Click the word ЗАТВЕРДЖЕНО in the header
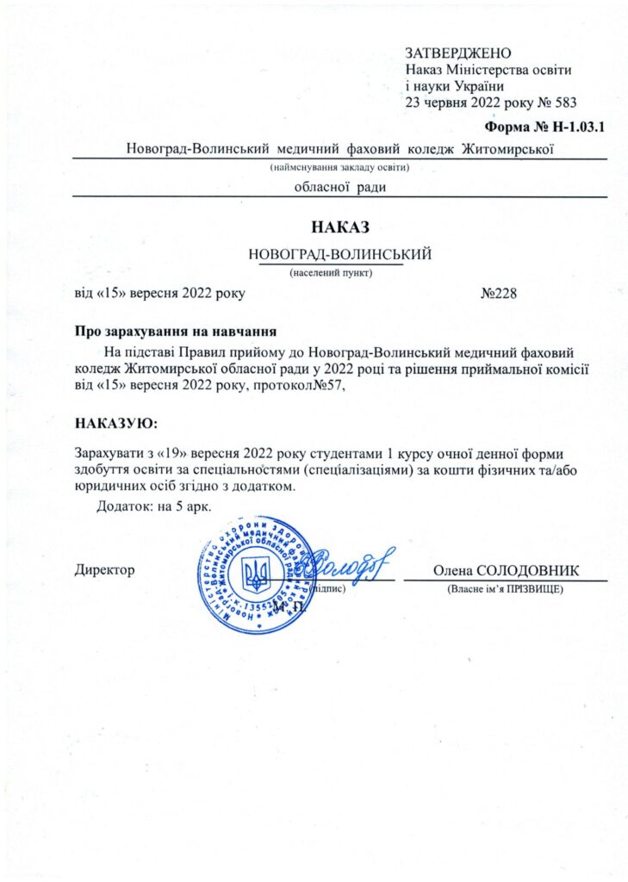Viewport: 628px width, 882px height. pyautogui.click(x=458, y=53)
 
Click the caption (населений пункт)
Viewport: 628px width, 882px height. pyautogui.click(x=330, y=272)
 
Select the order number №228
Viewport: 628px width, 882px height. pyautogui.click(x=498, y=293)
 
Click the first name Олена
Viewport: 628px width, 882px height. pyautogui.click(x=450, y=571)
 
